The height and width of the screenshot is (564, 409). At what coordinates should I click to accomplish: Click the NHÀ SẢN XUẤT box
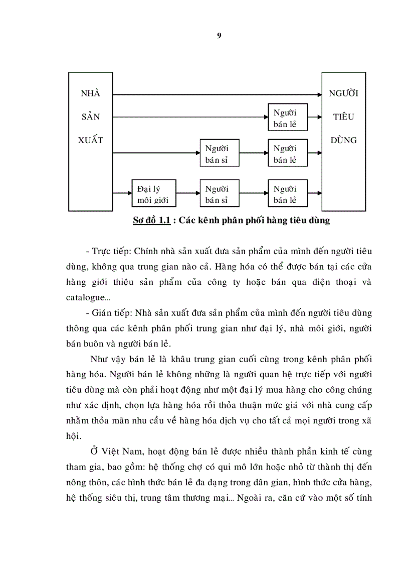tap(90, 141)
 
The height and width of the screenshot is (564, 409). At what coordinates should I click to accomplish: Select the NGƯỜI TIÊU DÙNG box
tap(343, 141)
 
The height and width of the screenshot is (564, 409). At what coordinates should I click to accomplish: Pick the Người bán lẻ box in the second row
tap(287, 118)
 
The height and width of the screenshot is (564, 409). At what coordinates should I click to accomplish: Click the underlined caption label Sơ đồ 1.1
tap(152, 220)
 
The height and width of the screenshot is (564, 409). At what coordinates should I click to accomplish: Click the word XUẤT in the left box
tap(91, 140)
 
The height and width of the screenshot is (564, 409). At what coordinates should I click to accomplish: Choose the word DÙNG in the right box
tap(343, 140)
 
